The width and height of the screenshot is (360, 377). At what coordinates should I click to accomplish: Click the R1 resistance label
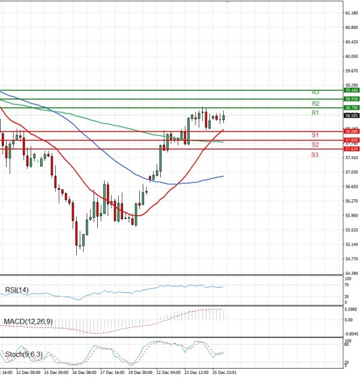(x=315, y=113)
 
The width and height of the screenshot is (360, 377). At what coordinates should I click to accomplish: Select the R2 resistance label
(x=315, y=103)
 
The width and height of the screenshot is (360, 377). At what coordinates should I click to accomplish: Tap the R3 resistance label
(x=315, y=92)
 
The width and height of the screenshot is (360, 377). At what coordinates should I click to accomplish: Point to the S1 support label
(x=315, y=135)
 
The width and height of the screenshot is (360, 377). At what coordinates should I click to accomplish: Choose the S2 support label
(x=315, y=145)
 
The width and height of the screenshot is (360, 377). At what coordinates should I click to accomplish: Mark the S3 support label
(x=315, y=155)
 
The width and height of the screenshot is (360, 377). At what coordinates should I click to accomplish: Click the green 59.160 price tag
(x=352, y=90)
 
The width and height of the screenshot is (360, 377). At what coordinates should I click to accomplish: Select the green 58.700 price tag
(x=352, y=107)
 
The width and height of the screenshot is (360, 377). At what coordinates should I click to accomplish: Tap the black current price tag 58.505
(x=352, y=115)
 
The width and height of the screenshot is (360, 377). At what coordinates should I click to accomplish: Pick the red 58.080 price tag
(x=352, y=131)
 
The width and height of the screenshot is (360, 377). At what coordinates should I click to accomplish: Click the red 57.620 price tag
(x=352, y=148)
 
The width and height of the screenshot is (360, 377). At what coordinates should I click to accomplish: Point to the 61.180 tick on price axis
(x=351, y=13)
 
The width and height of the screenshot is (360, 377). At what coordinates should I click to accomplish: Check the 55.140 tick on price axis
(x=351, y=244)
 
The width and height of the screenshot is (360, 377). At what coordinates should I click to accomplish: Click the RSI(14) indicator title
(x=17, y=291)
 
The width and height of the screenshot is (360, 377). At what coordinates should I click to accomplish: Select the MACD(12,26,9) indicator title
(x=28, y=322)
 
